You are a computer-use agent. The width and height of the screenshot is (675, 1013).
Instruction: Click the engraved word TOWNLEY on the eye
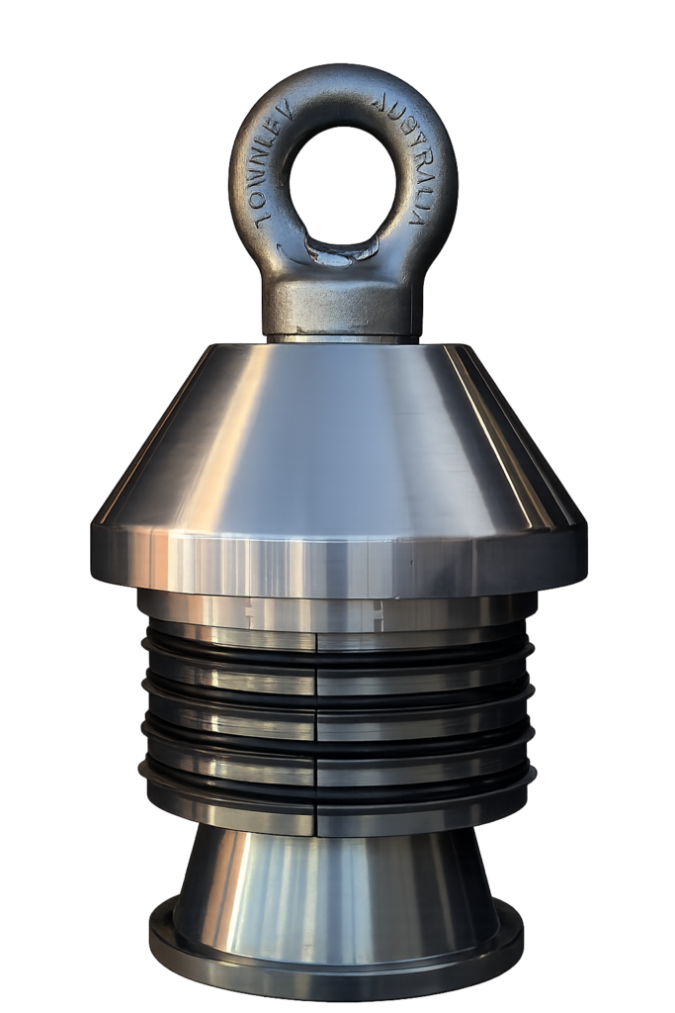coord(271,166)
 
